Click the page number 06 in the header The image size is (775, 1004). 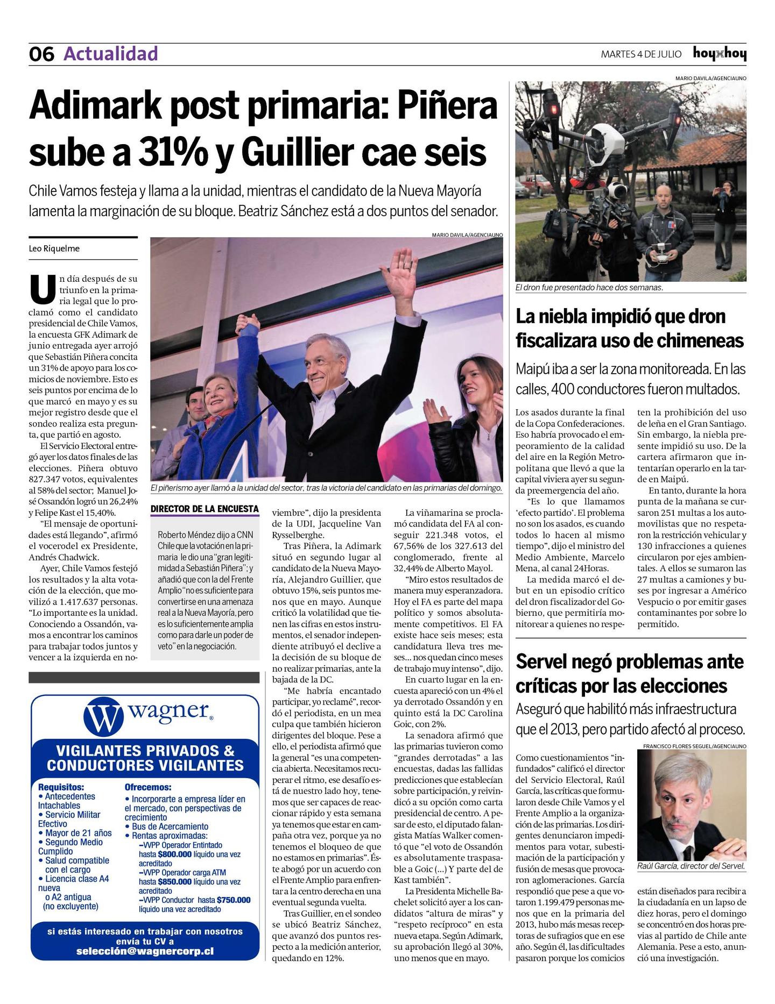coord(41,54)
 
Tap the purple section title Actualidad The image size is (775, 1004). coord(110,54)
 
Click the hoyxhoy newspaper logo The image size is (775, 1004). coord(719,54)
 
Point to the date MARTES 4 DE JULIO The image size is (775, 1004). coord(640,54)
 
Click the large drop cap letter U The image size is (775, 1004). coord(43,289)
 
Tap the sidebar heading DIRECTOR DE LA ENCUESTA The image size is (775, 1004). coord(205,509)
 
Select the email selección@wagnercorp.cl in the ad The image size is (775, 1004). coord(145,951)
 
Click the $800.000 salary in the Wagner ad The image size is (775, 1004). coord(175,854)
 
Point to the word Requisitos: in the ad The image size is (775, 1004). coord(61,787)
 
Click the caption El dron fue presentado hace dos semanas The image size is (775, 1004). coord(589,288)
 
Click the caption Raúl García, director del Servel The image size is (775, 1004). coord(691,866)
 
